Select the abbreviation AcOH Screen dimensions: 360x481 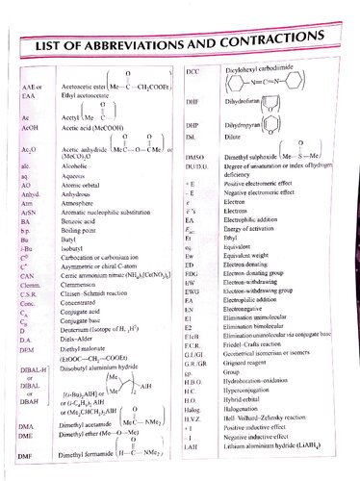click(32, 126)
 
